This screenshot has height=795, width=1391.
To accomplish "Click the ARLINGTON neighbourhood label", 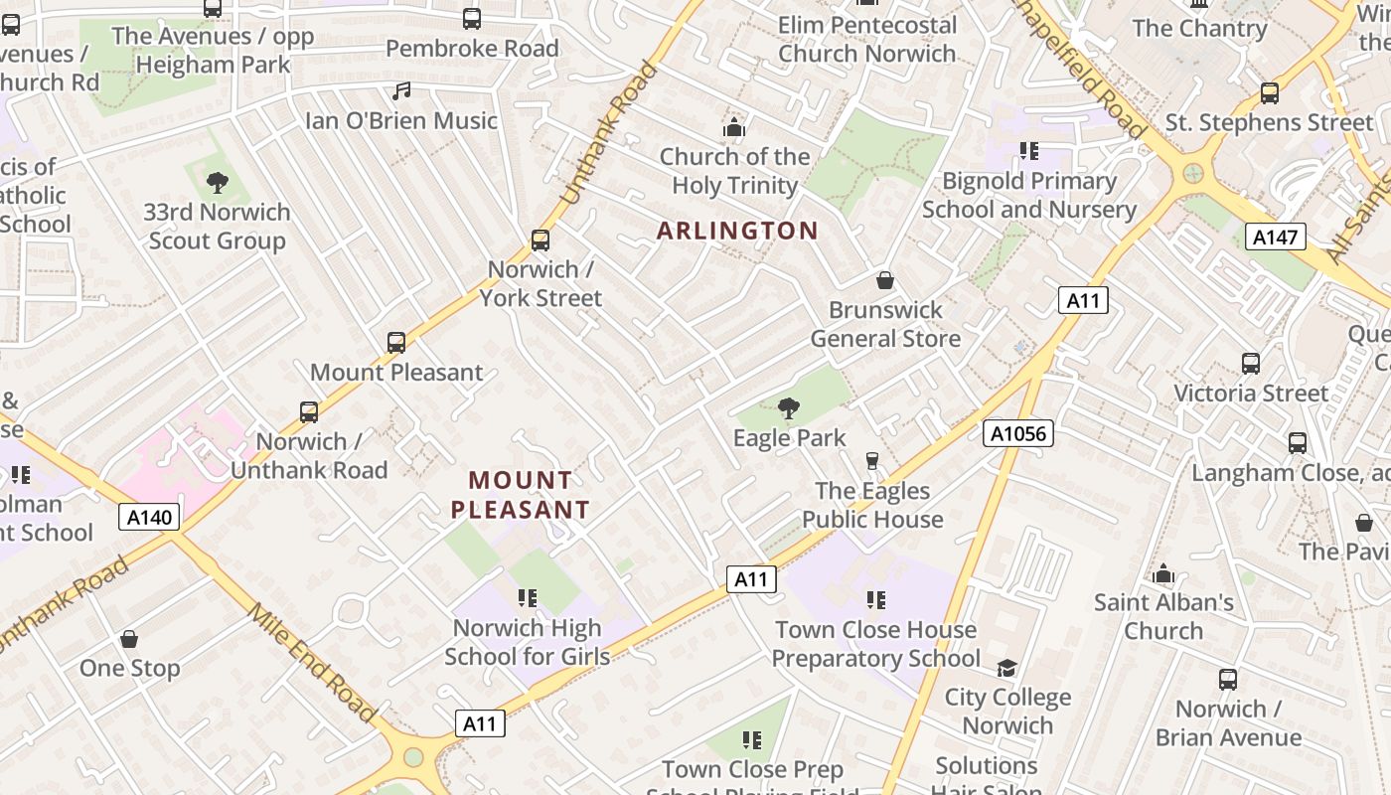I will tap(737, 231).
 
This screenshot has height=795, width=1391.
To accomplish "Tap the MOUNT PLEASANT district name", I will tap(521, 495).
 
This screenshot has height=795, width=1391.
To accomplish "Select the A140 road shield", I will tap(150, 517).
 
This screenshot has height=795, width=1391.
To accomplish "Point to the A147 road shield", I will tap(1276, 237).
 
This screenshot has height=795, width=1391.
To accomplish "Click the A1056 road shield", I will tap(1018, 433).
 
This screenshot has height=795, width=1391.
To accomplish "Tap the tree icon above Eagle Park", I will tap(789, 407).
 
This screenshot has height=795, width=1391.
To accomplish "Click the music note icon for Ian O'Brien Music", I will tap(401, 91).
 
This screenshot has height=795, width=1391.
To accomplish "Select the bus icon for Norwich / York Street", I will tap(541, 240).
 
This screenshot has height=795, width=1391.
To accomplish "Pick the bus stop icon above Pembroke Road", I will tap(472, 18).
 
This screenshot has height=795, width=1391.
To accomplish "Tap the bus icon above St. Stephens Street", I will tap(1269, 93).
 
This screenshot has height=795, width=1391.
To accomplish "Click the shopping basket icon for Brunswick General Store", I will tap(885, 280).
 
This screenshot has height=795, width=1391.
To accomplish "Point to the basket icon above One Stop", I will tap(129, 638).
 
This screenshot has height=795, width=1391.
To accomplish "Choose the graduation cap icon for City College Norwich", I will tap(1007, 668).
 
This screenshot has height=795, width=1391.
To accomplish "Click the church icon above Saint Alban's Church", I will tap(1163, 573).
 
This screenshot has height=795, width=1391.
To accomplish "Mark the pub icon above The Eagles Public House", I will tap(872, 460).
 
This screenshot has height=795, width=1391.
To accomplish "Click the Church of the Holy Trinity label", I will tap(735, 171).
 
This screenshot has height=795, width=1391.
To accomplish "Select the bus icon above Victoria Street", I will tap(1251, 364).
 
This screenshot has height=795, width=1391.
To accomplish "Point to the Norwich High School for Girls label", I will tap(527, 642).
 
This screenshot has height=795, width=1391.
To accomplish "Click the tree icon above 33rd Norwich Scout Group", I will tap(217, 183).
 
